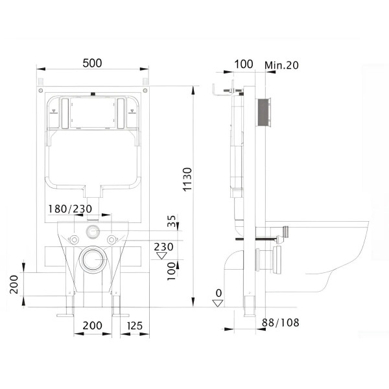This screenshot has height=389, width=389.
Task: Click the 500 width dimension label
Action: point(93,63)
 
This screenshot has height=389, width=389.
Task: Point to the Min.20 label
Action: point(282,64)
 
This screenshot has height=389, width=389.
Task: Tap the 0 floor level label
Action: point(218,294)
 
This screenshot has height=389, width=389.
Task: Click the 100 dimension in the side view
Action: point(242,64)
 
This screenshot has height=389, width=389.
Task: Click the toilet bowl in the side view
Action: point(324,253)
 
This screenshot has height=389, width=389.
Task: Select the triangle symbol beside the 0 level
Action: point(218,303)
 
